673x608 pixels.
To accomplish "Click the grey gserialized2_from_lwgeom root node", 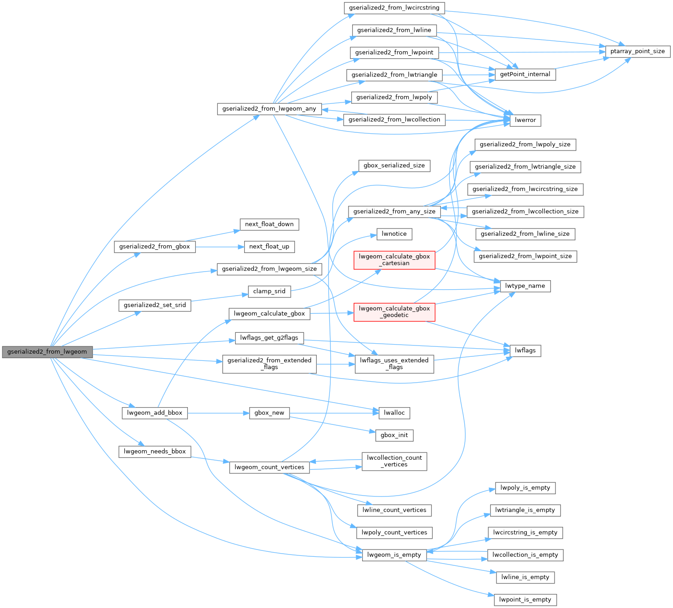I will [47, 352].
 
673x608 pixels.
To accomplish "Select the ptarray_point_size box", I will [637, 51].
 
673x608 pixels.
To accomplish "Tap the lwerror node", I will [526, 120].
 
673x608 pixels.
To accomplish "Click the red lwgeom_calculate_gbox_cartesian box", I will [394, 260].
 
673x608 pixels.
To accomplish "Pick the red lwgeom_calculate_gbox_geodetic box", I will [394, 312].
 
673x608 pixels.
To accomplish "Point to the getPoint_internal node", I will [525, 74].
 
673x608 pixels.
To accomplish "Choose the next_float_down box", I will [269, 224].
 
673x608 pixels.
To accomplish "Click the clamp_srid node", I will [269, 291].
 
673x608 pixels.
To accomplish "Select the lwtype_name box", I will [525, 286].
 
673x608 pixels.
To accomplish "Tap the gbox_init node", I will [394, 435].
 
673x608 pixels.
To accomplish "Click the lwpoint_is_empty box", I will [525, 599].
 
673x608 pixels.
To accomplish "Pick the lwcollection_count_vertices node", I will [394, 461].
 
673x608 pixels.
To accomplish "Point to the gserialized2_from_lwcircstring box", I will [394, 8].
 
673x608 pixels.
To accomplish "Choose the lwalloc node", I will [394, 413].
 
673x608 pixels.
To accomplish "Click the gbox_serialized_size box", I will [394, 165].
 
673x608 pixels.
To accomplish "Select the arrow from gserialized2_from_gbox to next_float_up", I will [218, 247].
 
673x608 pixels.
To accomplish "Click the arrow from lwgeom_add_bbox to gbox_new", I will [218, 413].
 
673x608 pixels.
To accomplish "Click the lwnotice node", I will [394, 234].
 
